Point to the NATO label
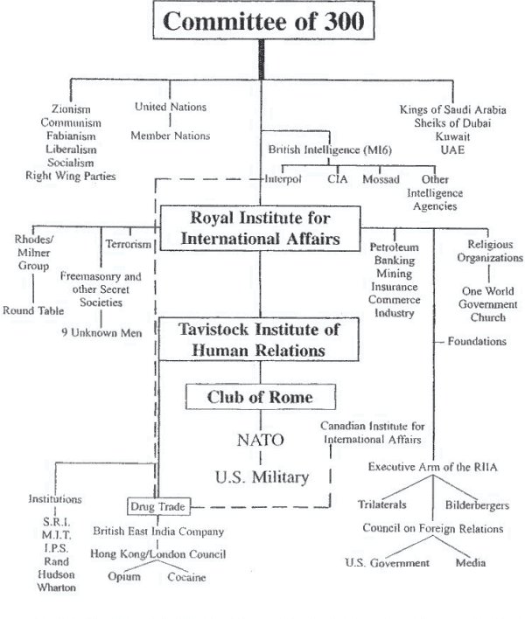(x=260, y=439)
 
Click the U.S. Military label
(x=260, y=476)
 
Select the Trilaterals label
(x=386, y=505)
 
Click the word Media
(x=470, y=562)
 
